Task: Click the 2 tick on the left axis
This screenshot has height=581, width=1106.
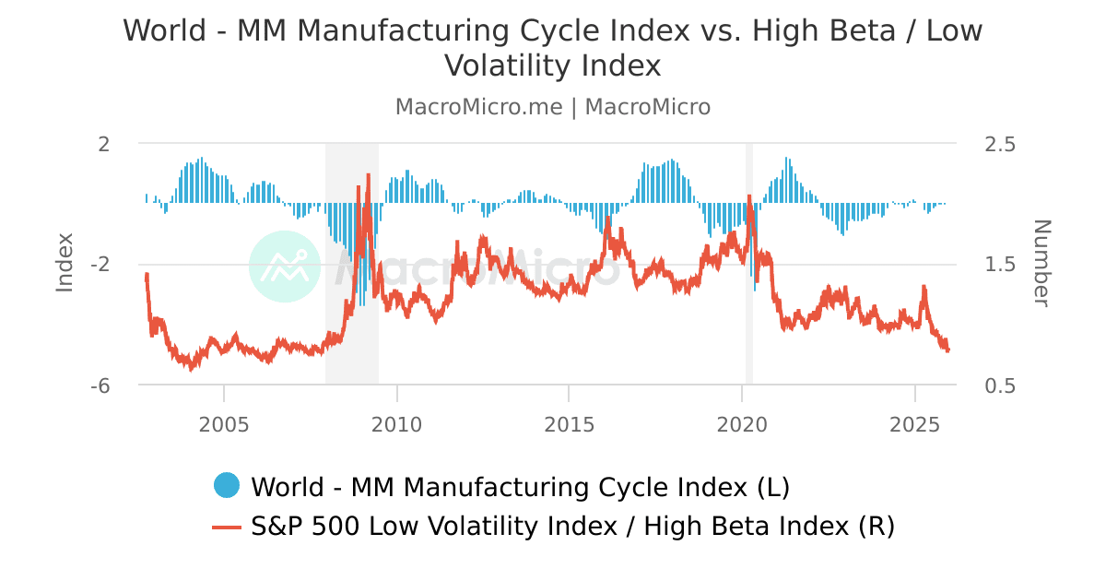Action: pyautogui.click(x=104, y=144)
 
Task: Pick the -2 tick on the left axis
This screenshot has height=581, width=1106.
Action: pyautogui.click(x=100, y=265)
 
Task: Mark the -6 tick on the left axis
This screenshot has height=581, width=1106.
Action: pyautogui.click(x=100, y=385)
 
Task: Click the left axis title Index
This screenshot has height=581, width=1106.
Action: pyautogui.click(x=65, y=264)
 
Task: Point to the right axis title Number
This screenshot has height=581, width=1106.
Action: pyautogui.click(x=1041, y=264)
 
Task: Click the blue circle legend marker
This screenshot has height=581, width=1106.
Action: pyautogui.click(x=226, y=485)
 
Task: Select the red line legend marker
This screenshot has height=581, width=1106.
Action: pyautogui.click(x=226, y=527)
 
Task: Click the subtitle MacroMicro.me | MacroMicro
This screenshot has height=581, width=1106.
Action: pyautogui.click(x=553, y=107)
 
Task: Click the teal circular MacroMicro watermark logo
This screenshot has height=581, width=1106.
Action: pyautogui.click(x=285, y=267)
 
